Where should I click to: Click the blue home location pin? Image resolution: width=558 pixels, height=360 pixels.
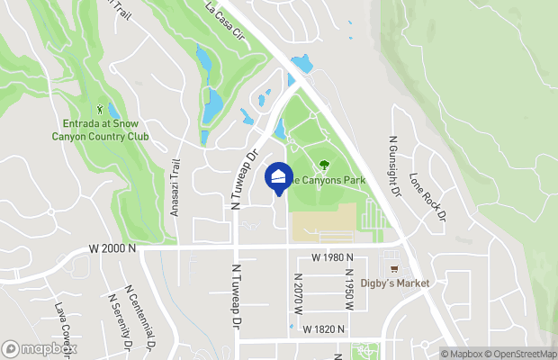[x=279, y=178]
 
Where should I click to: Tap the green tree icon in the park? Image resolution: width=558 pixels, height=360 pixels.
[x=323, y=164]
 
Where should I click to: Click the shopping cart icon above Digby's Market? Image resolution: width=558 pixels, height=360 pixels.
[x=394, y=268]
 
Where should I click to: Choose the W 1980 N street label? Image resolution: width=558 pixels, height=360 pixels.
[x=333, y=258]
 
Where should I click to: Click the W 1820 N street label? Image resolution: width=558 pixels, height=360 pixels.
[x=325, y=330]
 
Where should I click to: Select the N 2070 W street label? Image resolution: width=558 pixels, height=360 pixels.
[x=297, y=292]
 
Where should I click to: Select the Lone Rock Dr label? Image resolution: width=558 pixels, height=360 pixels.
[x=427, y=197]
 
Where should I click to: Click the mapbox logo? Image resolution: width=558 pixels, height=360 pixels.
[x=39, y=348]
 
